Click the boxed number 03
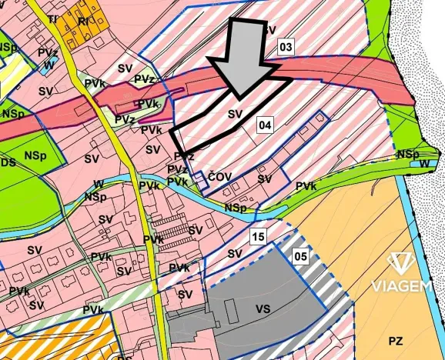(x=286, y=48)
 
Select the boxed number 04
(x=265, y=124)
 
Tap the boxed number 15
(x=258, y=237)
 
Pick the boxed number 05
(x=301, y=257)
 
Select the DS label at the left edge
(x=8, y=163)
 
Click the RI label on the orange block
(x=83, y=22)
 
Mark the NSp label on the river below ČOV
(x=236, y=208)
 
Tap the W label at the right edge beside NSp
(x=426, y=163)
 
